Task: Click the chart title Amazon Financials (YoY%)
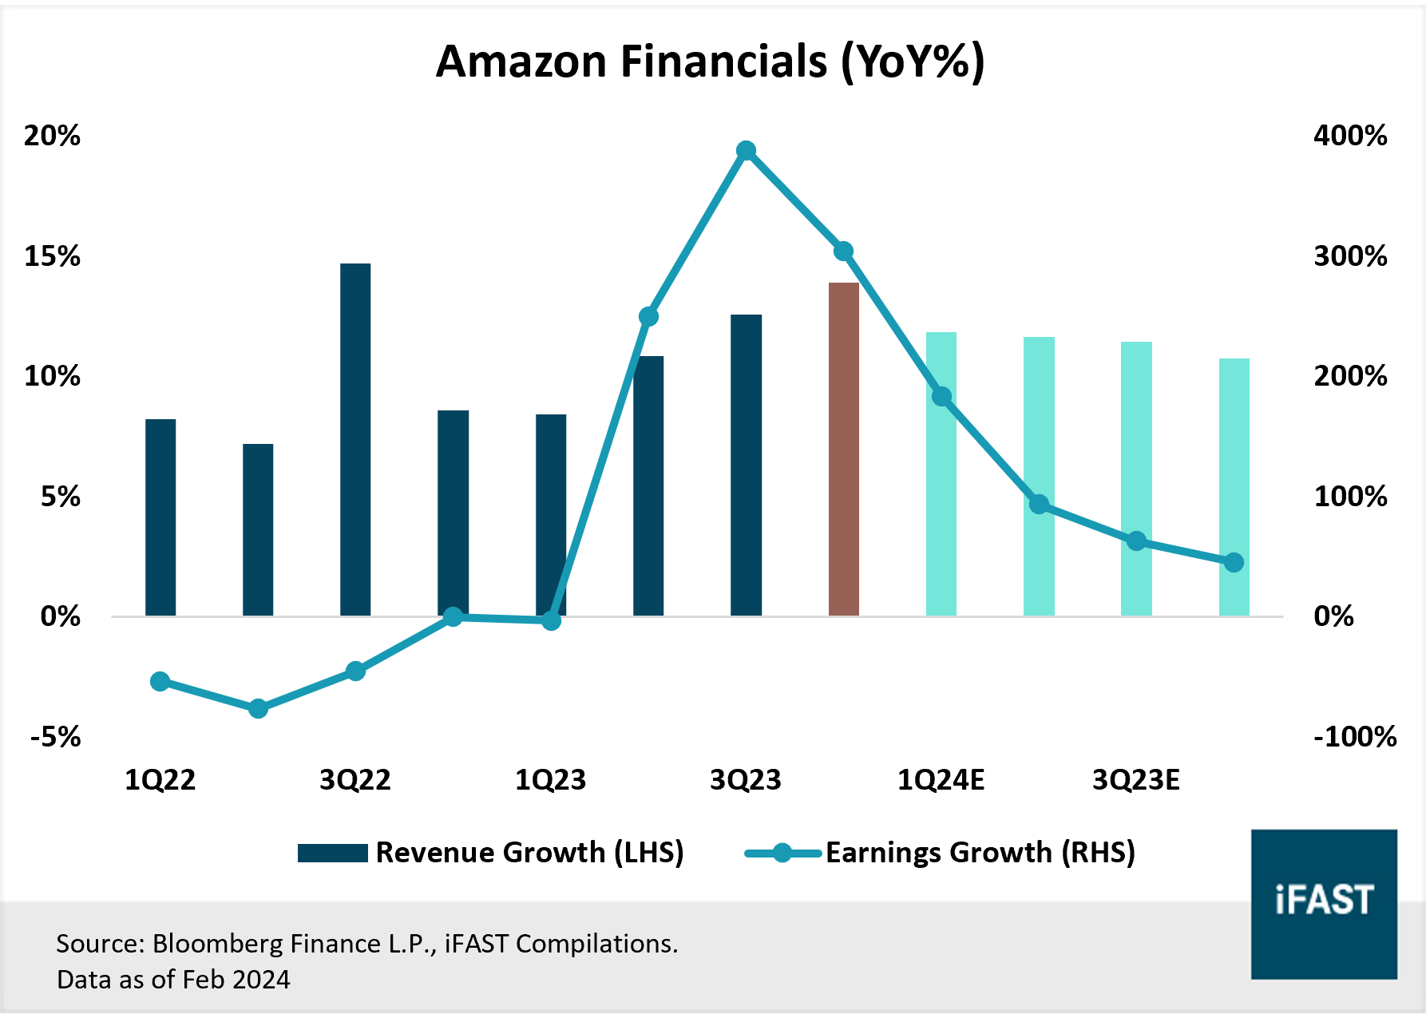[x=710, y=61]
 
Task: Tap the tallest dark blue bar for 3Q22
[x=355, y=439]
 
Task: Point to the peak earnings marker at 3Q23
[x=746, y=151]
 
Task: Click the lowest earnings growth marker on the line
[x=258, y=708]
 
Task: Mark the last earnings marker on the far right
[x=1234, y=563]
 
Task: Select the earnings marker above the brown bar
[x=843, y=252]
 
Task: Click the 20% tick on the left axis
[x=52, y=136]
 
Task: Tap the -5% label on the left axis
[x=55, y=736]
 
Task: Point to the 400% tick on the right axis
[x=1350, y=136]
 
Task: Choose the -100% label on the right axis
[x=1354, y=736]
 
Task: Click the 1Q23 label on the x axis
[x=550, y=780]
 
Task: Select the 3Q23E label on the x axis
[x=1135, y=780]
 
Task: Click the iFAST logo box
[x=1323, y=903]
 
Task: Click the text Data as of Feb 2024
[x=173, y=980]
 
